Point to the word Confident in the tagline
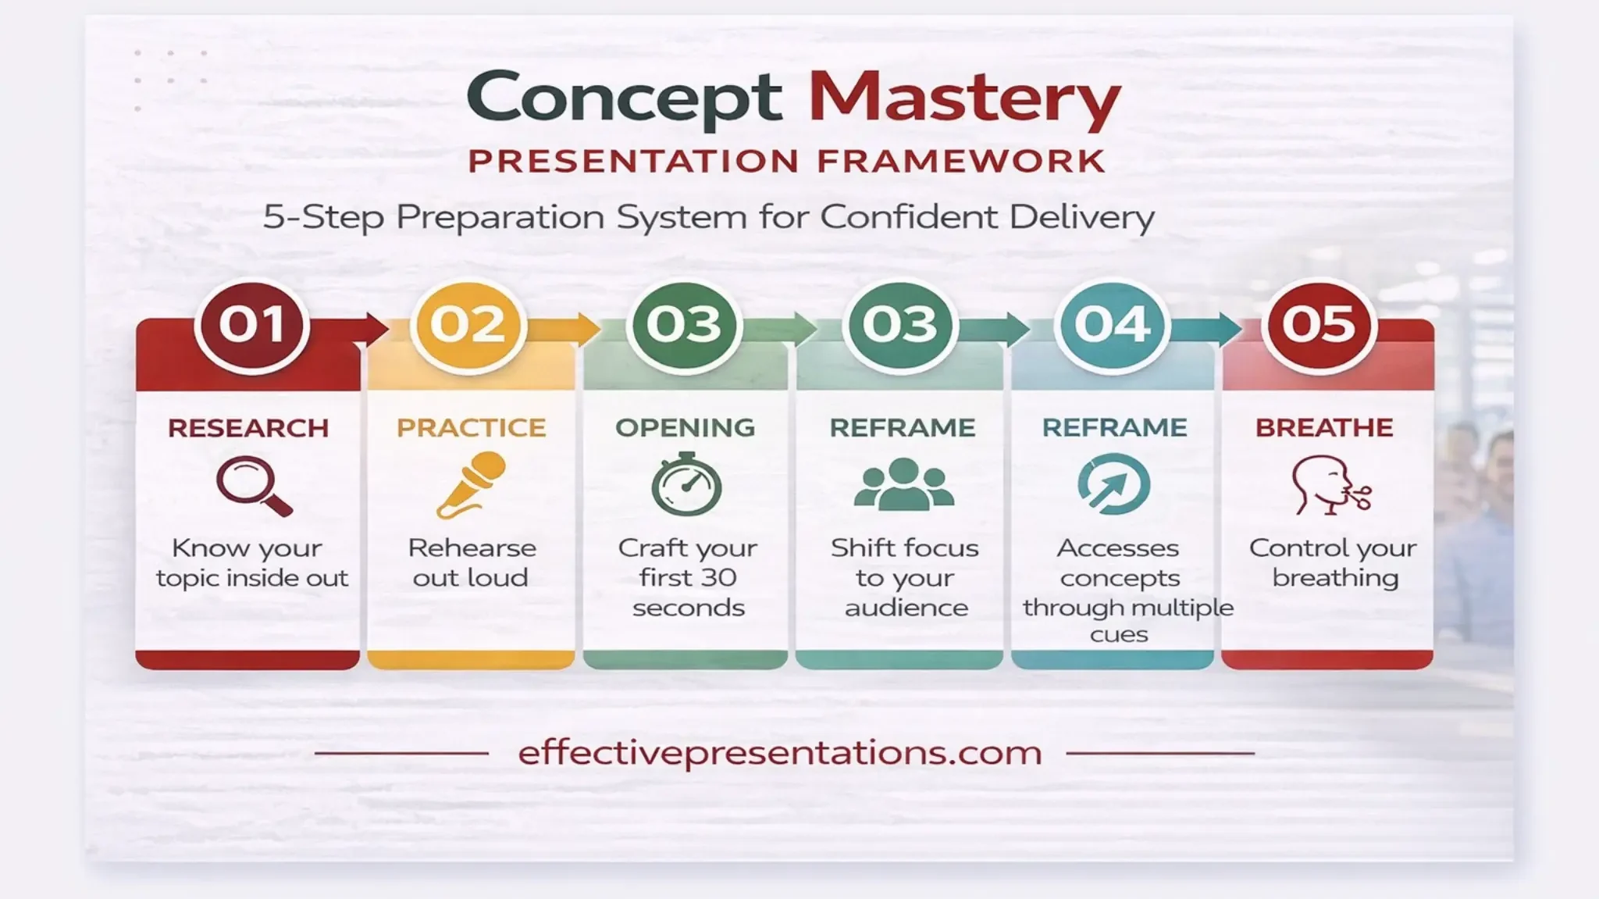910,216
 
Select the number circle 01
251,325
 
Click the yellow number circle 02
468,325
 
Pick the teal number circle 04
1112,325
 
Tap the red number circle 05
1318,325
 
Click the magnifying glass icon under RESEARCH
252,485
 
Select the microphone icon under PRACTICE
471,484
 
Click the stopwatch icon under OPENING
686,484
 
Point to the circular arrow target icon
1113,484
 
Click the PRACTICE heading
471,427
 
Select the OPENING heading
685,427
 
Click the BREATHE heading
1324,427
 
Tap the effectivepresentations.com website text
780,753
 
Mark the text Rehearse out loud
472,562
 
